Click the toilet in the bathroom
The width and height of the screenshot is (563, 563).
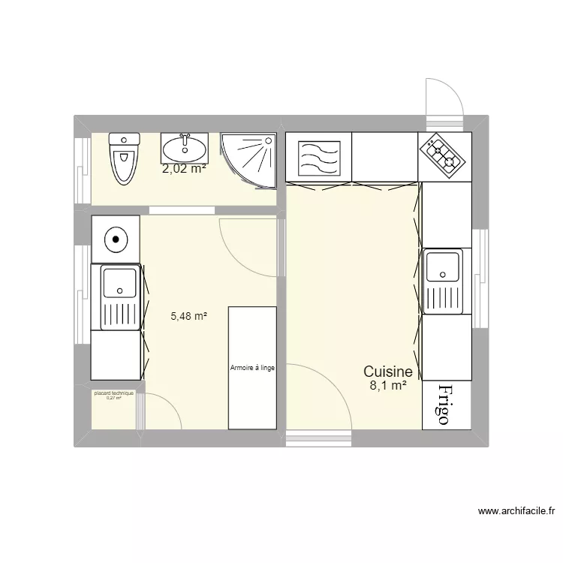pyautogui.click(x=124, y=157)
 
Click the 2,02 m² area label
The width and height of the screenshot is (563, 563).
pyautogui.click(x=184, y=169)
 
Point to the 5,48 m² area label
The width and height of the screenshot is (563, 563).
pyautogui.click(x=188, y=317)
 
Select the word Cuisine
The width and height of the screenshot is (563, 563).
pyautogui.click(x=387, y=371)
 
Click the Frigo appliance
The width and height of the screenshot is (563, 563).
pyautogui.click(x=446, y=405)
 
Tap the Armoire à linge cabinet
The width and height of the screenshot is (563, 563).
pyautogui.click(x=252, y=367)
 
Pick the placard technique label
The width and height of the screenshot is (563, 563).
pyautogui.click(x=113, y=393)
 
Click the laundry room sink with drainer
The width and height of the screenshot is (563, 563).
pyautogui.click(x=116, y=297)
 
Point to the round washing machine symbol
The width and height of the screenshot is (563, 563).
pyautogui.click(x=115, y=239)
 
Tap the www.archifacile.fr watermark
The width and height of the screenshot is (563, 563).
pyautogui.click(x=517, y=511)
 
